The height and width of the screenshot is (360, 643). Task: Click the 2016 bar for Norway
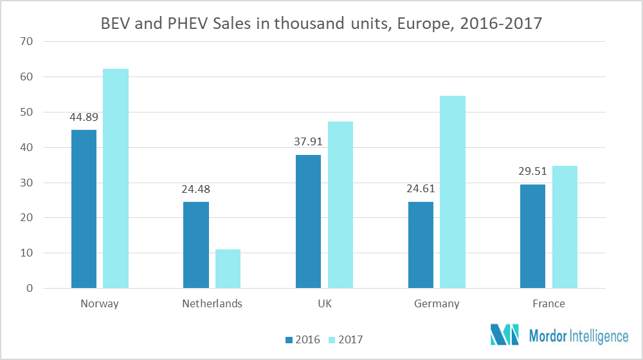tap(84, 209)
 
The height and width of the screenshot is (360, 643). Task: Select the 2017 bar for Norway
tap(116, 179)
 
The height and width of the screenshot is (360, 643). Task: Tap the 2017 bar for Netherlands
tap(228, 269)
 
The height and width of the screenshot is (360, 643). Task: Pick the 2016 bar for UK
tap(308, 221)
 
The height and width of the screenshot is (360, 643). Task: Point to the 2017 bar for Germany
tap(453, 192)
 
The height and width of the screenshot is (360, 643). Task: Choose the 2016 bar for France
tap(533, 236)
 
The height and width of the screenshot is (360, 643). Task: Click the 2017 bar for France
tap(565, 227)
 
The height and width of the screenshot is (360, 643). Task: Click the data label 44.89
tap(84, 118)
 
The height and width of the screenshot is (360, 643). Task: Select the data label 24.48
tap(195, 190)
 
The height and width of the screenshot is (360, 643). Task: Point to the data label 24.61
tap(421, 190)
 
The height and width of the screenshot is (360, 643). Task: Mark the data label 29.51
tap(533, 172)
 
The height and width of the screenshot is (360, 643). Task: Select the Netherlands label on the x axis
tap(212, 304)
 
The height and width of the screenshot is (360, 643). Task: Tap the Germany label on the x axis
tap(437, 304)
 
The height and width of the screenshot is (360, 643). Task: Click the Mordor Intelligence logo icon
tap(504, 335)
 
